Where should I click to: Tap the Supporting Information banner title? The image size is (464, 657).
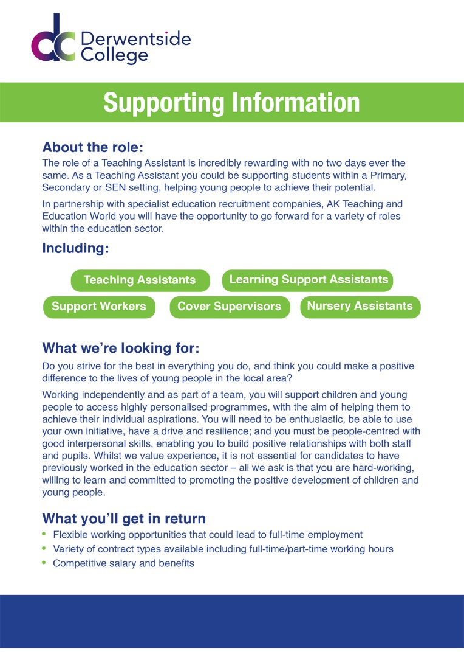(x=231, y=102)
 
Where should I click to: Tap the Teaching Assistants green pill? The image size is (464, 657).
(x=140, y=280)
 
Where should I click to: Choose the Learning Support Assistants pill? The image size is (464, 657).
(x=309, y=280)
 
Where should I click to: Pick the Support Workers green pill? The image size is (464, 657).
(x=99, y=307)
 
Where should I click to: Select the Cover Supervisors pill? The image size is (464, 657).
(x=229, y=307)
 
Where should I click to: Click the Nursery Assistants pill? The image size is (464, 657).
(x=360, y=306)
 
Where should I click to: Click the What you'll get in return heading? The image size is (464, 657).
(x=124, y=519)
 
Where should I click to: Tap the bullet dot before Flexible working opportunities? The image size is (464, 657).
(x=44, y=534)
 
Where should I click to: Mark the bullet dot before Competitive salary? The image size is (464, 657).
(x=44, y=563)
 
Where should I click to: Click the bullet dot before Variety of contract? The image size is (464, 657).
(x=44, y=549)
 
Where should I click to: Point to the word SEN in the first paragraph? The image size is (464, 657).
(x=115, y=187)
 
